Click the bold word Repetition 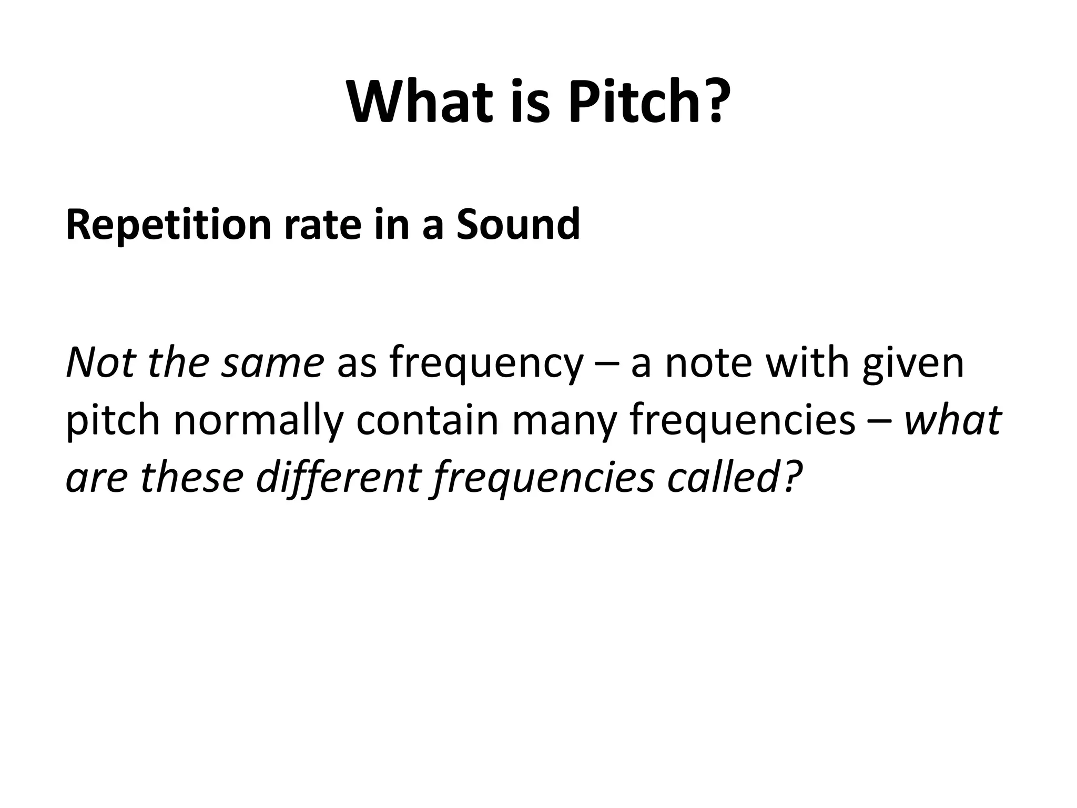click(x=168, y=225)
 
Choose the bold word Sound click(x=518, y=225)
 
